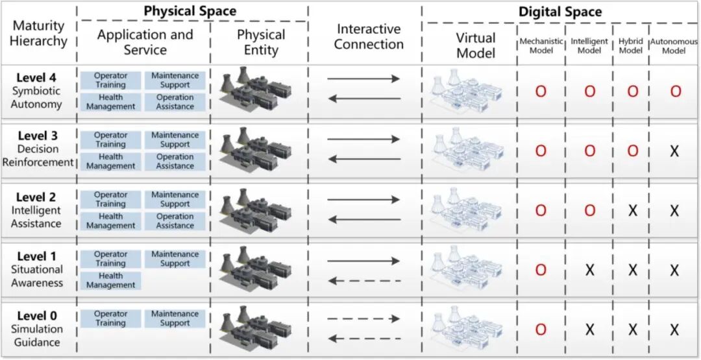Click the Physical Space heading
190,11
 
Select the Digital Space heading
560,12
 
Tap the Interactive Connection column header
369,37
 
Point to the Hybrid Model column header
630,45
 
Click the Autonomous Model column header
674,45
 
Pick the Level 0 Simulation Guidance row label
37,329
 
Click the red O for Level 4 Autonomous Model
675,91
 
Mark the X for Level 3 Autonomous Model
674,151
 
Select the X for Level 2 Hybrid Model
632,211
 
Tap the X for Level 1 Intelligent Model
589,270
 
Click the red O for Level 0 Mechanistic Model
540,330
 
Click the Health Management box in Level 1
110,280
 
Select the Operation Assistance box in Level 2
175,221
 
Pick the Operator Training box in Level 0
110,318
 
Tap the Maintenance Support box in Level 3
175,139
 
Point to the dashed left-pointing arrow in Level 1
364,281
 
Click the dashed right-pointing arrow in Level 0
364,318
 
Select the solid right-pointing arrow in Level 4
364,78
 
